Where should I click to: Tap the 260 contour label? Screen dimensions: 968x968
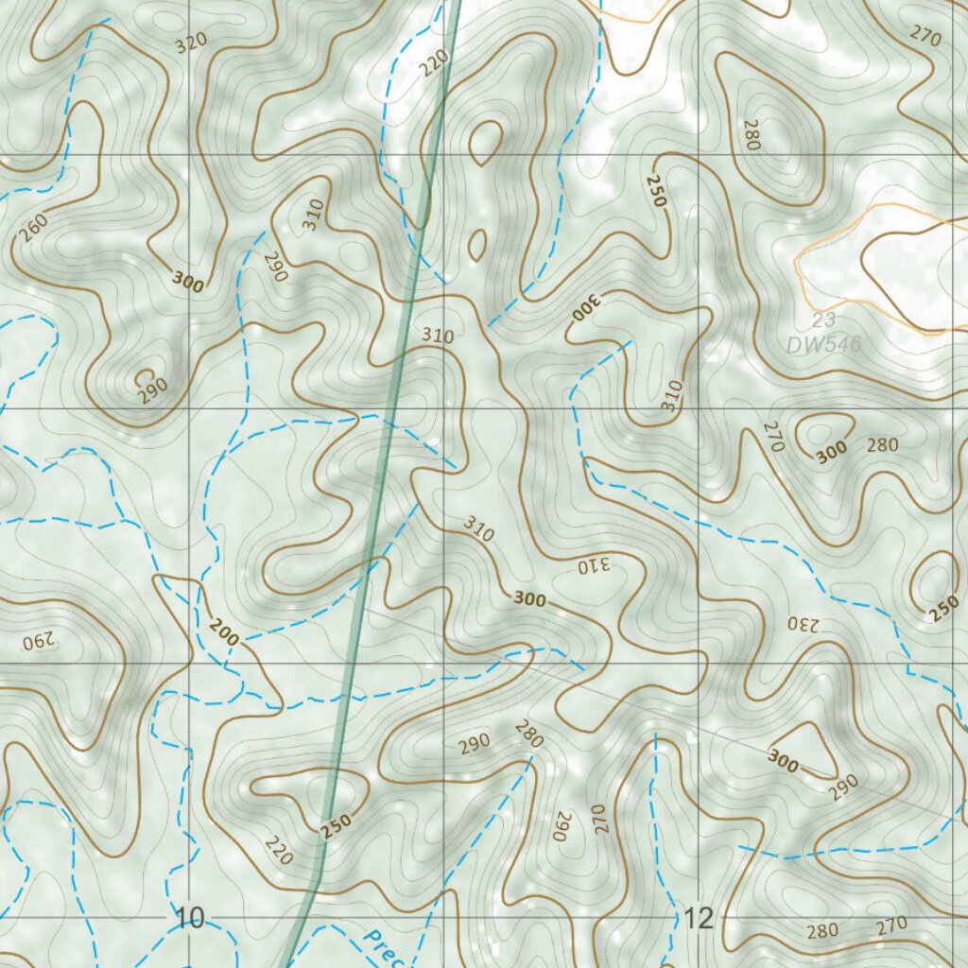tap(31, 226)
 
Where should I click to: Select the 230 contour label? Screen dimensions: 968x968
tap(800, 624)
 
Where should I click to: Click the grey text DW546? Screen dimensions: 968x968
tap(823, 345)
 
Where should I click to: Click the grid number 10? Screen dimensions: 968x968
tap(190, 918)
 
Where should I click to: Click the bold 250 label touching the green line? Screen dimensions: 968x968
tap(336, 824)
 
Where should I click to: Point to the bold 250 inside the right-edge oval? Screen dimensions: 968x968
tap(944, 609)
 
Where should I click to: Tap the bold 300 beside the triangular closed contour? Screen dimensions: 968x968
tap(784, 761)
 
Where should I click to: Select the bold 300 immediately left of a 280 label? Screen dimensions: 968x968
tap(832, 455)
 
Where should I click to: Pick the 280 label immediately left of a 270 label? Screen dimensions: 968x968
tap(822, 930)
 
